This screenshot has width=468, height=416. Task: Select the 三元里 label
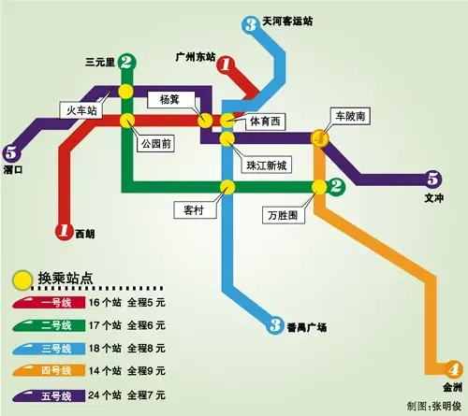pyautogui.click(x=99, y=62)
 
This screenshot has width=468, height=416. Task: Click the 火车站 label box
pyautogui.click(x=81, y=110)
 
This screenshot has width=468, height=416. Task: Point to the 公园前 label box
pyautogui.click(x=154, y=144)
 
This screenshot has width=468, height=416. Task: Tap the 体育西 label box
pyautogui.click(x=264, y=122)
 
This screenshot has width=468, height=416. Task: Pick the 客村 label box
pyautogui.click(x=188, y=209)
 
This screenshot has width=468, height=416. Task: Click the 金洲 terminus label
pyautogui.click(x=452, y=387)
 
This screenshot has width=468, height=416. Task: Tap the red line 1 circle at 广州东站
pyautogui.click(x=226, y=65)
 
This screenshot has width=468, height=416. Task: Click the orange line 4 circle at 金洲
pyautogui.click(x=454, y=368)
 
